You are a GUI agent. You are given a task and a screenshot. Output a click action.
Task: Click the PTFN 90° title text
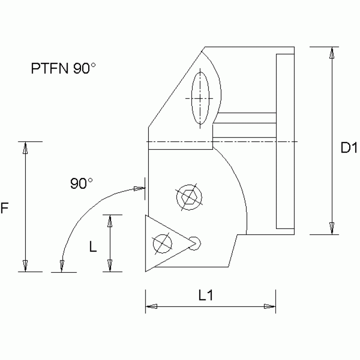[63, 69]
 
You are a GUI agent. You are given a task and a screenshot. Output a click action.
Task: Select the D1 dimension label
[349, 149]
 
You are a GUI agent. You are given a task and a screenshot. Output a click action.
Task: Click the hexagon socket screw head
[189, 197]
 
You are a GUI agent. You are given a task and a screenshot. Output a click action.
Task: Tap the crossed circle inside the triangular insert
[162, 243]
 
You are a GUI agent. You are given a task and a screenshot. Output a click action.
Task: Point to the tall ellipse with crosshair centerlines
[200, 98]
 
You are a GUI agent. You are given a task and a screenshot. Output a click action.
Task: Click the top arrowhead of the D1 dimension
[332, 53]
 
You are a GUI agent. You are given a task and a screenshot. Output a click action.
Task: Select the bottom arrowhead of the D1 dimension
[332, 228]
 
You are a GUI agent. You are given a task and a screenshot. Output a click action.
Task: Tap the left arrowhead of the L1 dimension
[151, 306]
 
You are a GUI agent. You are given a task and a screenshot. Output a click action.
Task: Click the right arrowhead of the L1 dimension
[269, 306]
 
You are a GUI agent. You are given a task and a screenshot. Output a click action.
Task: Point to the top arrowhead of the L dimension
[109, 221]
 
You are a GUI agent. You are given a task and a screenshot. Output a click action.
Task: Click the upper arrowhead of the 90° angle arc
[138, 189]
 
